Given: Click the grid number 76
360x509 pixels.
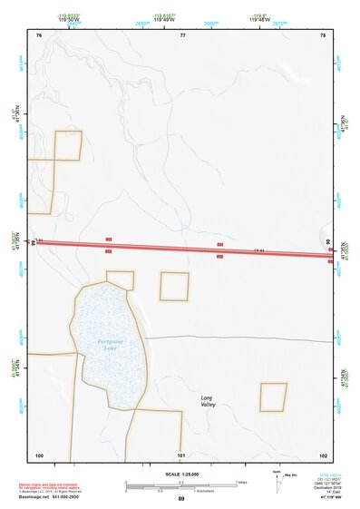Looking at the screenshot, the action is [39, 35].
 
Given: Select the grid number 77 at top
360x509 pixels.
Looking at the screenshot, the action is [182, 35].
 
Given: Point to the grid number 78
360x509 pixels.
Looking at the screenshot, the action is [323, 35].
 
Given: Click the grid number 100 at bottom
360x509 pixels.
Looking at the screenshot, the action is [39, 455].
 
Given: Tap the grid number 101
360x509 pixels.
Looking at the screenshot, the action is [181, 455].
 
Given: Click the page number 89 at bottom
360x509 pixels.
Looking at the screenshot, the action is [181, 499].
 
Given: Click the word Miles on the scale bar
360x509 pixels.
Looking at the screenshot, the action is [242, 481].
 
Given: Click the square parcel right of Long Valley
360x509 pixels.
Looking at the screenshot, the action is [273, 396].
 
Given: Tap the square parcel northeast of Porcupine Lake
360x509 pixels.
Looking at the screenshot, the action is [174, 286].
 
